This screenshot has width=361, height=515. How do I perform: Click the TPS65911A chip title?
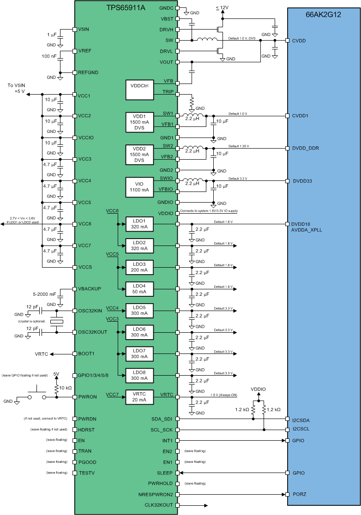[x=126, y=8]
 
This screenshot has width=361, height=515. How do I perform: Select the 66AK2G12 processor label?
[x=324, y=14]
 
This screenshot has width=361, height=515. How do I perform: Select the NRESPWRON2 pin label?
[x=158, y=494]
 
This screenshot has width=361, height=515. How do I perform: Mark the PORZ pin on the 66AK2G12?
[x=299, y=494]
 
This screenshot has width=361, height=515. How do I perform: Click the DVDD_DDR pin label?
[x=306, y=149]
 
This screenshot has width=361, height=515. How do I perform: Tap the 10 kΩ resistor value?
[x=65, y=388]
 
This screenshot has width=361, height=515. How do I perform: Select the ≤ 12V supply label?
[x=222, y=8]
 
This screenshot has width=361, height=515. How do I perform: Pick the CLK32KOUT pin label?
[x=159, y=505]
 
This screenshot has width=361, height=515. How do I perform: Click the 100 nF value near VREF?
[x=49, y=56]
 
